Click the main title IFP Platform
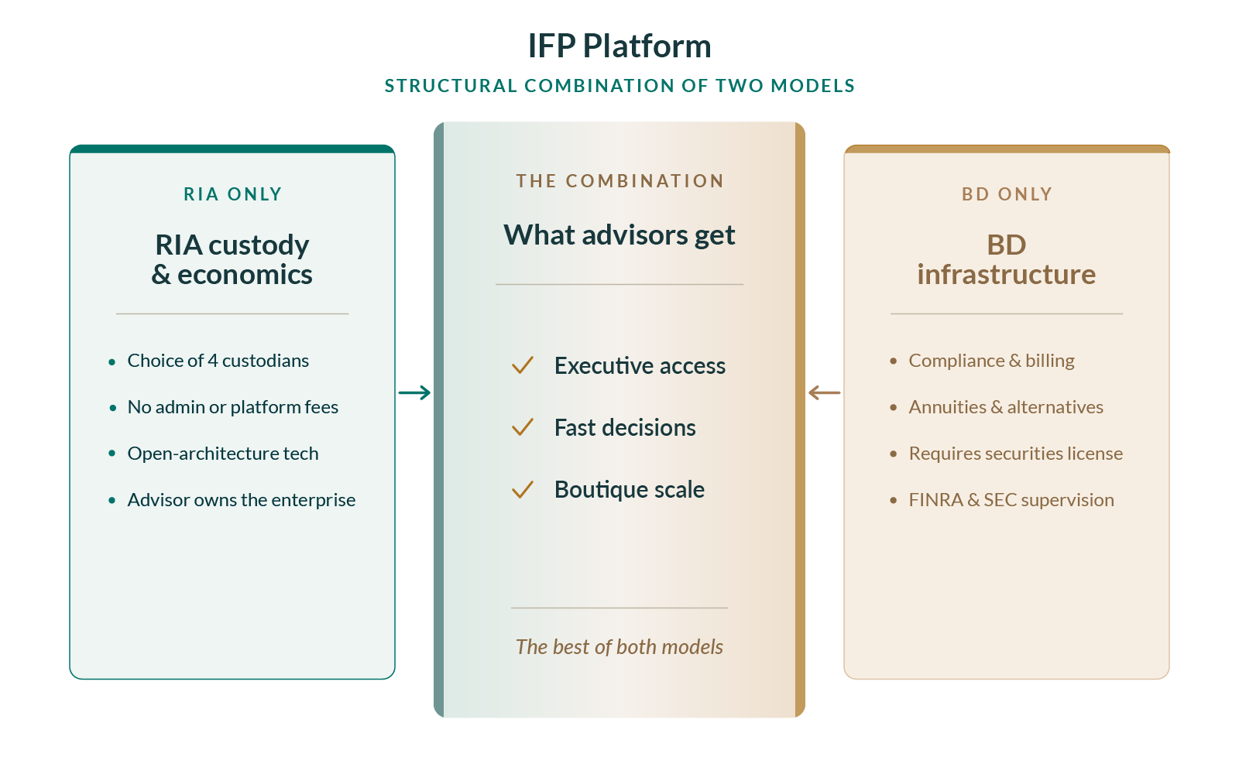[619, 46]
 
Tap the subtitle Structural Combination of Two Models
[619, 86]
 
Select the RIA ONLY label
[232, 194]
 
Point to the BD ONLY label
[1007, 194]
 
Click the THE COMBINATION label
[619, 181]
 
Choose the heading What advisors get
[619, 235]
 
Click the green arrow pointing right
[414, 392]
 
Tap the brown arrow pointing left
[824, 392]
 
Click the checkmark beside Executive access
[523, 365]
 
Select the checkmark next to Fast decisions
[523, 426]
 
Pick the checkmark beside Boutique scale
[523, 488]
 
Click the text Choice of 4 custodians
[218, 361]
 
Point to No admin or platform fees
[233, 407]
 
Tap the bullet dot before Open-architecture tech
[112, 454]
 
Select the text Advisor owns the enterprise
[242, 500]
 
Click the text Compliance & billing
[992, 361]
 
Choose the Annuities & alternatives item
[1006, 407]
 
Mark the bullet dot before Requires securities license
[894, 454]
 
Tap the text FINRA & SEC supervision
[1011, 500]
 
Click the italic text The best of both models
[619, 647]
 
